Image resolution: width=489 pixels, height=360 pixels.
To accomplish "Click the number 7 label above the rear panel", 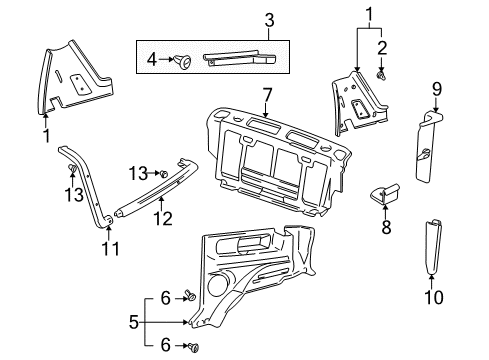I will [x=266, y=95].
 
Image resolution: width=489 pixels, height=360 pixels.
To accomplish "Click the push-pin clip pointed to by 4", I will [x=182, y=62].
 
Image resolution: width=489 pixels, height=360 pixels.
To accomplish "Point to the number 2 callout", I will [x=381, y=46].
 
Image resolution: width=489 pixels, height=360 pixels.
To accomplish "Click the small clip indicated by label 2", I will [x=381, y=74].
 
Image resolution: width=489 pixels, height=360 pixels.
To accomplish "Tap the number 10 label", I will [x=435, y=296].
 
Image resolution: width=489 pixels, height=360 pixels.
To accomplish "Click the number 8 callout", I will [x=387, y=228].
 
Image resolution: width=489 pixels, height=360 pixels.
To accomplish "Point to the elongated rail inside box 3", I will [x=241, y=60].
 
